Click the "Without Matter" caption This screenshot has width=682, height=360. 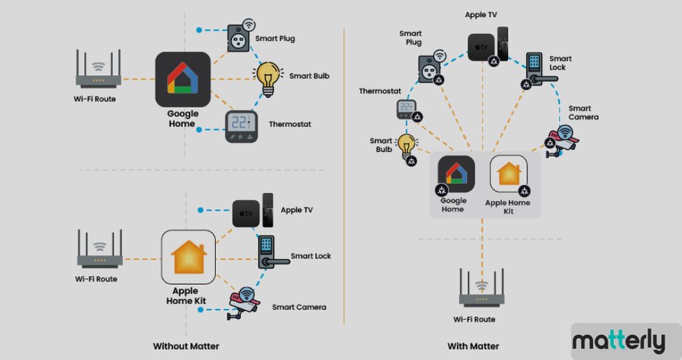coord(186,346)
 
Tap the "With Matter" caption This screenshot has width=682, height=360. coord(473,346)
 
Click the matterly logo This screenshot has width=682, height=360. coord(619,340)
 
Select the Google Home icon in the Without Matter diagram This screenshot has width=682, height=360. coord(183,79)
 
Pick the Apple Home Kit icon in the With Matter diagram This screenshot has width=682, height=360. coord(508,175)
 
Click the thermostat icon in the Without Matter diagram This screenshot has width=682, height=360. coord(241,125)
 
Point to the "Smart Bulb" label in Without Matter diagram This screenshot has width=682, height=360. coord(309,76)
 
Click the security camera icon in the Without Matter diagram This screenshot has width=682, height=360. coord(242,302)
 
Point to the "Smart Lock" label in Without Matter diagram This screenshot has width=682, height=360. coord(311,256)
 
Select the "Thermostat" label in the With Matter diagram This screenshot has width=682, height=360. coord(380,91)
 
